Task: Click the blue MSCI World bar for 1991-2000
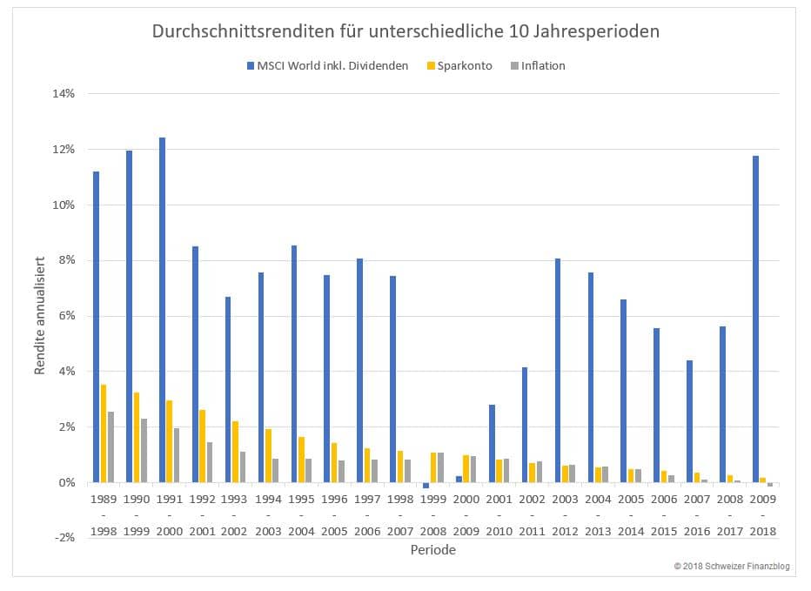point(163,310)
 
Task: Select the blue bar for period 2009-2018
point(756,319)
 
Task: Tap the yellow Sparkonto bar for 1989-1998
point(104,433)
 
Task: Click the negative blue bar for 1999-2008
point(426,485)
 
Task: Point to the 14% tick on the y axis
point(67,94)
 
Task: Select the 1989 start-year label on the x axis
point(103,500)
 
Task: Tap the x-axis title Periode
point(432,550)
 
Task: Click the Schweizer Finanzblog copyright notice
point(731,567)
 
